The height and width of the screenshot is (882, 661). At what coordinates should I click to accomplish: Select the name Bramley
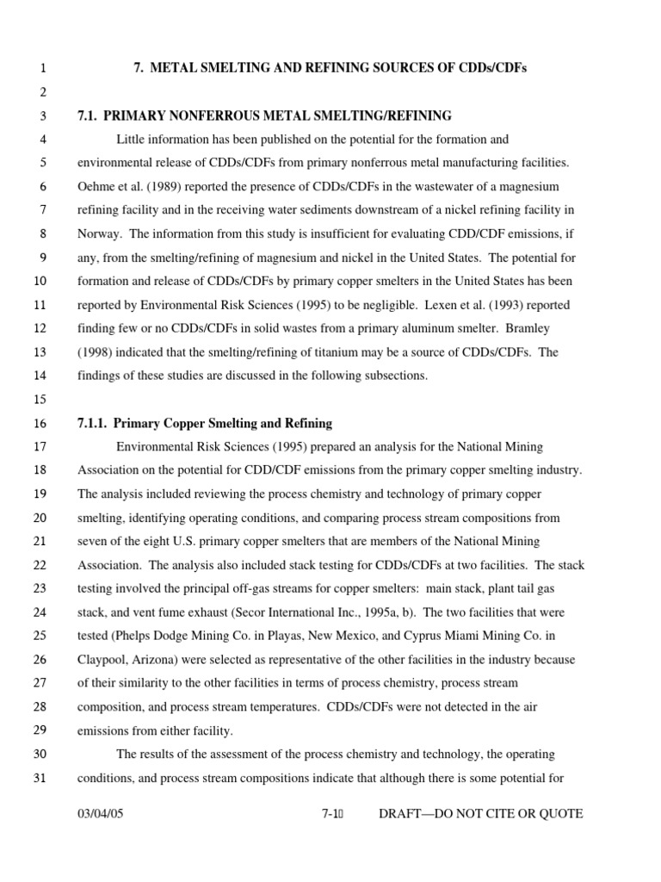(x=536, y=328)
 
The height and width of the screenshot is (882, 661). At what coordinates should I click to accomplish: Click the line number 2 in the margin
(x=42, y=92)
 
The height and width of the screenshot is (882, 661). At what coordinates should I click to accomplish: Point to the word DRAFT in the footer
(x=403, y=814)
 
